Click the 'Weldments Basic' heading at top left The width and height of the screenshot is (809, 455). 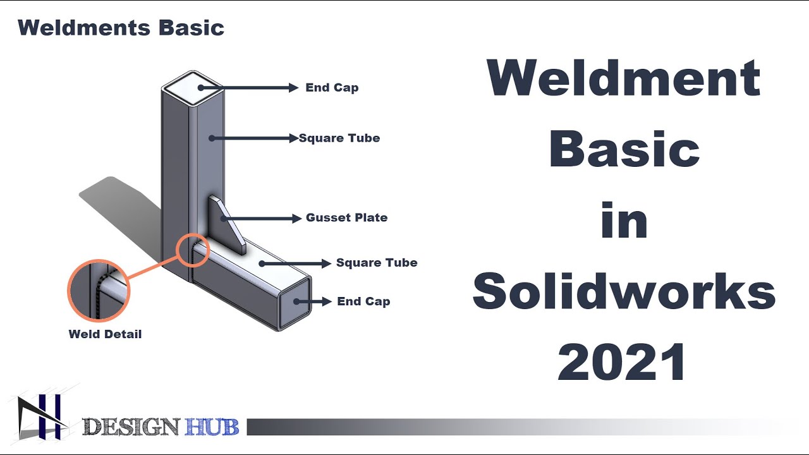tap(121, 28)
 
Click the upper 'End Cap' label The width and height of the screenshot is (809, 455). tap(332, 88)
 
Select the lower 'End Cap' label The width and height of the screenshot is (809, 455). tap(363, 301)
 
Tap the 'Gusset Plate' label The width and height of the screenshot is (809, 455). tap(346, 217)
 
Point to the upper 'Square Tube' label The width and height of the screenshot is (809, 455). tap(339, 138)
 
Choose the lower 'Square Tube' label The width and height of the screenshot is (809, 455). tap(377, 263)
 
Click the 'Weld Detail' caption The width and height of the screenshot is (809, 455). tap(105, 334)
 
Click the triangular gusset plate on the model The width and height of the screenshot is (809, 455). tap(228, 224)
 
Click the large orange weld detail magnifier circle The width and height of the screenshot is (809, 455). tap(99, 291)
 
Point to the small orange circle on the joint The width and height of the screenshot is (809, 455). tap(192, 251)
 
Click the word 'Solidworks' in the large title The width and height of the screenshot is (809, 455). tap(623, 292)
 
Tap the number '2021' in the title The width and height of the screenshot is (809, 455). tap(623, 362)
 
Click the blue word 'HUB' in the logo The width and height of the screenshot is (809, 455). tap(212, 428)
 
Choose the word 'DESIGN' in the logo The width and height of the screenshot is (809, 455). tap(131, 428)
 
